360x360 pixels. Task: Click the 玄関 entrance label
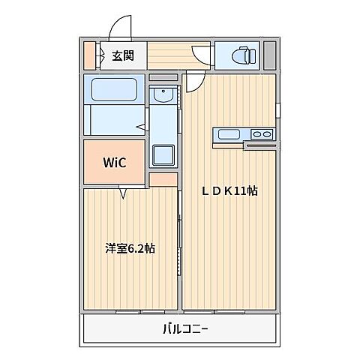123,55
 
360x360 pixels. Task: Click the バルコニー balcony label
184,328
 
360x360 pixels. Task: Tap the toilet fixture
241,55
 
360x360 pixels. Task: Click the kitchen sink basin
228,135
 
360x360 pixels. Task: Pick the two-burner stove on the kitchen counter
262,135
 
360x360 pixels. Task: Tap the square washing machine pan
163,155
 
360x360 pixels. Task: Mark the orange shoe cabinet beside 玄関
88,55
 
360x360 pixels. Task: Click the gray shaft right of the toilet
269,55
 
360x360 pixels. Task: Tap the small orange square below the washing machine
163,179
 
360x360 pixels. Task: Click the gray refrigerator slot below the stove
259,145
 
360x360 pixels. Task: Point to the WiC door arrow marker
123,193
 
